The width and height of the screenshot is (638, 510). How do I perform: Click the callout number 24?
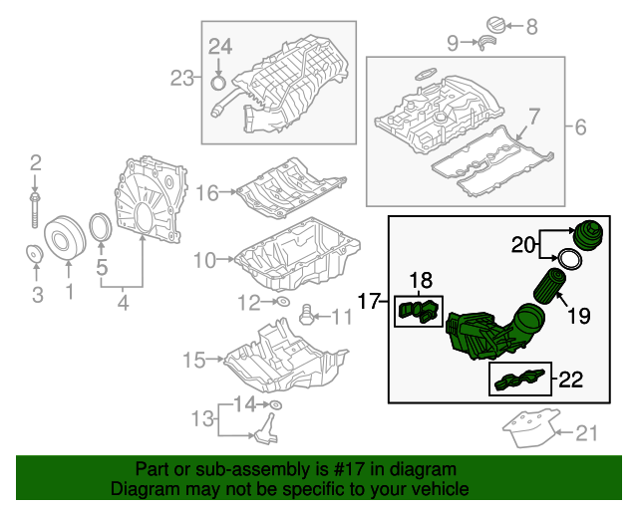(x=219, y=44)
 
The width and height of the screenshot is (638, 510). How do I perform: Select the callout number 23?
(x=182, y=78)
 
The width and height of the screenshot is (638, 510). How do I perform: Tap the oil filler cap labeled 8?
(x=496, y=24)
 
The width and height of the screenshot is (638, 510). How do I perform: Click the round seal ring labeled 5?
(x=101, y=228)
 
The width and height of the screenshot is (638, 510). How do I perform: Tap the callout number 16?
(x=206, y=192)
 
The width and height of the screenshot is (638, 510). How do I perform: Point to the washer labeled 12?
(x=282, y=302)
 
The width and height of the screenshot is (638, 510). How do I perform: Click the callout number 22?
(x=570, y=379)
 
